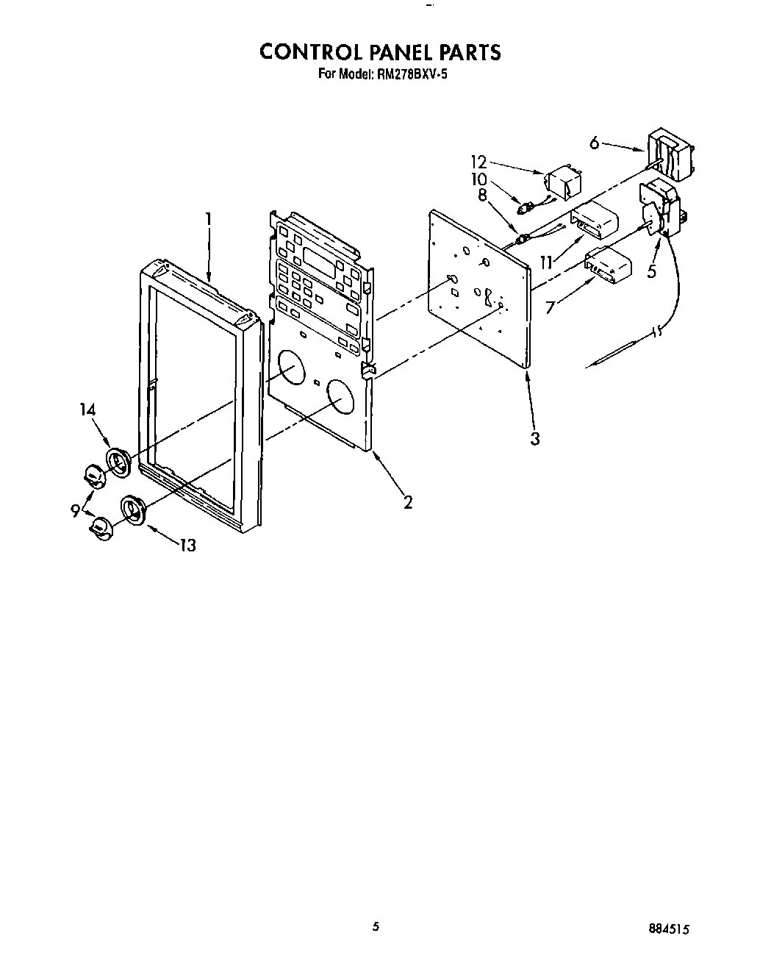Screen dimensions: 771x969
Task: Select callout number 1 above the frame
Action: point(209,218)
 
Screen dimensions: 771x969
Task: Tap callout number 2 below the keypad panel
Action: point(406,502)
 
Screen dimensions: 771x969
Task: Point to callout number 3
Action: point(536,439)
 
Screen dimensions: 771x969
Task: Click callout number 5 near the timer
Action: point(652,271)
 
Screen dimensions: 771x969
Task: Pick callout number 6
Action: point(595,143)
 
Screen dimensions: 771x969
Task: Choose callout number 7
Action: point(551,307)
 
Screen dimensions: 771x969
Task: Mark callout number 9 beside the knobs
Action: point(76,509)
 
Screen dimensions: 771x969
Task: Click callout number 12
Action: point(479,160)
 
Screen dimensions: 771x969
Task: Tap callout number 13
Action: point(187,546)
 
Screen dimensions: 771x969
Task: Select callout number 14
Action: point(88,410)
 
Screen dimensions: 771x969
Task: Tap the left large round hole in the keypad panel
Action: point(290,367)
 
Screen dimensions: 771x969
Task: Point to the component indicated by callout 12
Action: point(562,182)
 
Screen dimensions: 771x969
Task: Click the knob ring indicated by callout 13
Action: point(134,509)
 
